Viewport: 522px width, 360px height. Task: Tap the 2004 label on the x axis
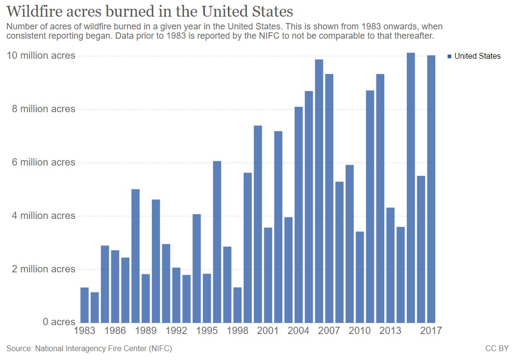point(298,331)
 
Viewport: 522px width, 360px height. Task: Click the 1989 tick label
point(146,331)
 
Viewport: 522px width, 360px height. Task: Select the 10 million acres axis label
point(41,56)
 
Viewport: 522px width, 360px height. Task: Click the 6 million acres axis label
point(44,163)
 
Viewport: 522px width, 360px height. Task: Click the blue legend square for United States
point(449,56)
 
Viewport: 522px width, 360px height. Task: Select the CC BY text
point(497,349)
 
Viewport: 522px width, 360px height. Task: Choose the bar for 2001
point(268,275)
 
